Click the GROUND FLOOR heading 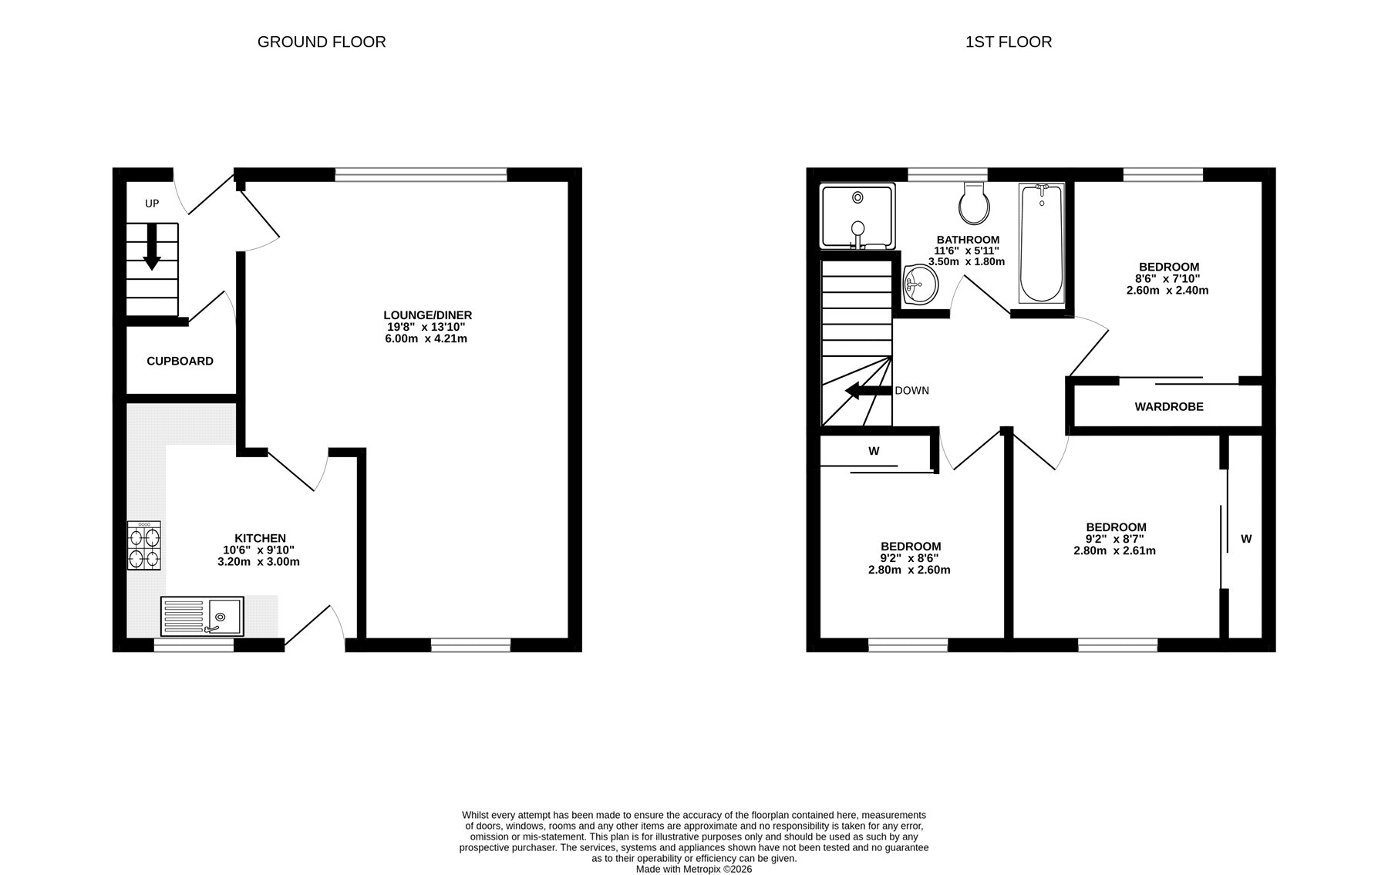(322, 42)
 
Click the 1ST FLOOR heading (1009, 42)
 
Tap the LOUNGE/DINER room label (428, 315)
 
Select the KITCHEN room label (260, 538)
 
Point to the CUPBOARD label (180, 361)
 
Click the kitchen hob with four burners (145, 546)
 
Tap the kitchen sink (202, 616)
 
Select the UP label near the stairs (152, 204)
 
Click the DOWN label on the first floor (911, 391)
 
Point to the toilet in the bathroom (975, 202)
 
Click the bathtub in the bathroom (1041, 243)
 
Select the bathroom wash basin (919, 285)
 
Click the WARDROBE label (1169, 406)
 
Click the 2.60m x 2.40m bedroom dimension (1167, 291)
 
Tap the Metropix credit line (693, 869)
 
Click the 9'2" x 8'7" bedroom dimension (1115, 539)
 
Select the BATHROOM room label (968, 240)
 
